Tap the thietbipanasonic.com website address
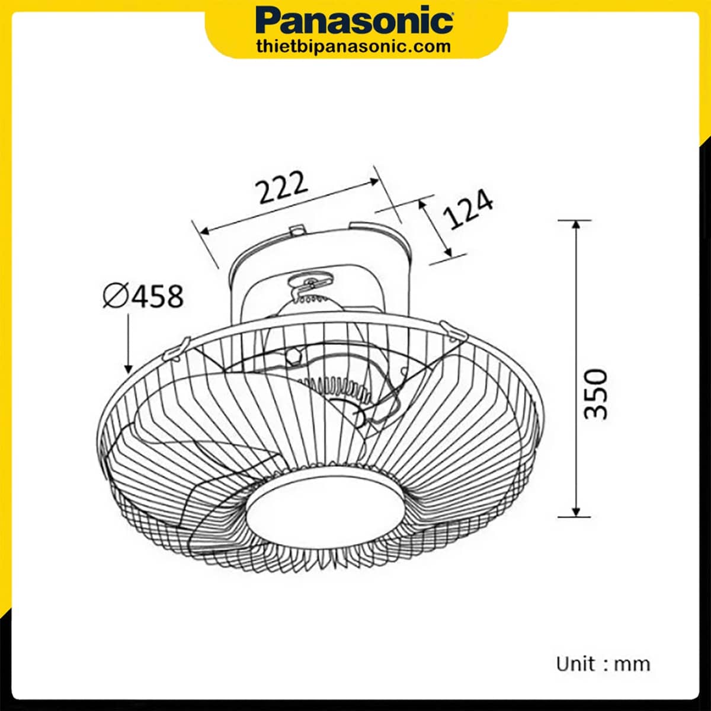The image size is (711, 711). coord(355,46)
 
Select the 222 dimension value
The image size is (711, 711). coord(282,188)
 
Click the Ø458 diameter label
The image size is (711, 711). coord(143,296)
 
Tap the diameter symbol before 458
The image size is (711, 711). coord(115,296)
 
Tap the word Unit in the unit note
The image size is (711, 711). coord(575,663)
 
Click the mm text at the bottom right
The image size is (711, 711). coord(632,664)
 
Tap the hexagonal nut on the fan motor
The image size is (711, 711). coord(292,356)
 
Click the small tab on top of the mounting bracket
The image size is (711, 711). coord(297,229)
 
